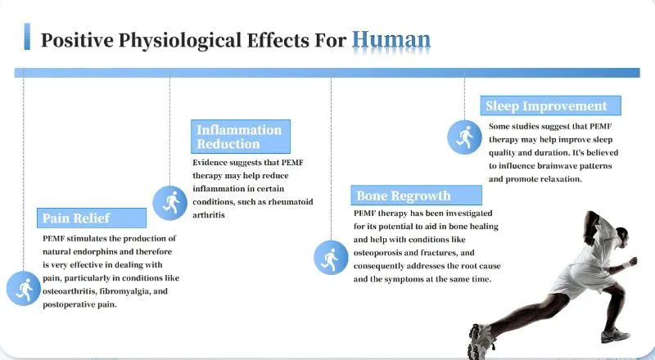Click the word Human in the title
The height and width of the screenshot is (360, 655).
391,39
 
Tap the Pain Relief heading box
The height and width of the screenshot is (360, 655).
93,218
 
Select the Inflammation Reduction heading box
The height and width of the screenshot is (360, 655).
241,137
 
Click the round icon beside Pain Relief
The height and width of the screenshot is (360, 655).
23,288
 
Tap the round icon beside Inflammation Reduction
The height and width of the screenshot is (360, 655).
170,202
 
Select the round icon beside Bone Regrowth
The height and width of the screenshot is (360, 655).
331,258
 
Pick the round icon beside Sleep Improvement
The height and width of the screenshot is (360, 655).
464,136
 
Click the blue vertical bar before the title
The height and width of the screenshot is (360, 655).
27,37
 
